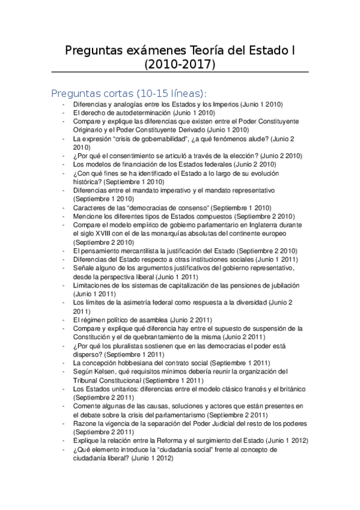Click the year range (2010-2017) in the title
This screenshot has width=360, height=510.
180,63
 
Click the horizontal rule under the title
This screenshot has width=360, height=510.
180,72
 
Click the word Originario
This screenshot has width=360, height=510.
89,129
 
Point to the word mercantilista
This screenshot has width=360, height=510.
131,250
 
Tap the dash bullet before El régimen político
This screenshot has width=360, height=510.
65,320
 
